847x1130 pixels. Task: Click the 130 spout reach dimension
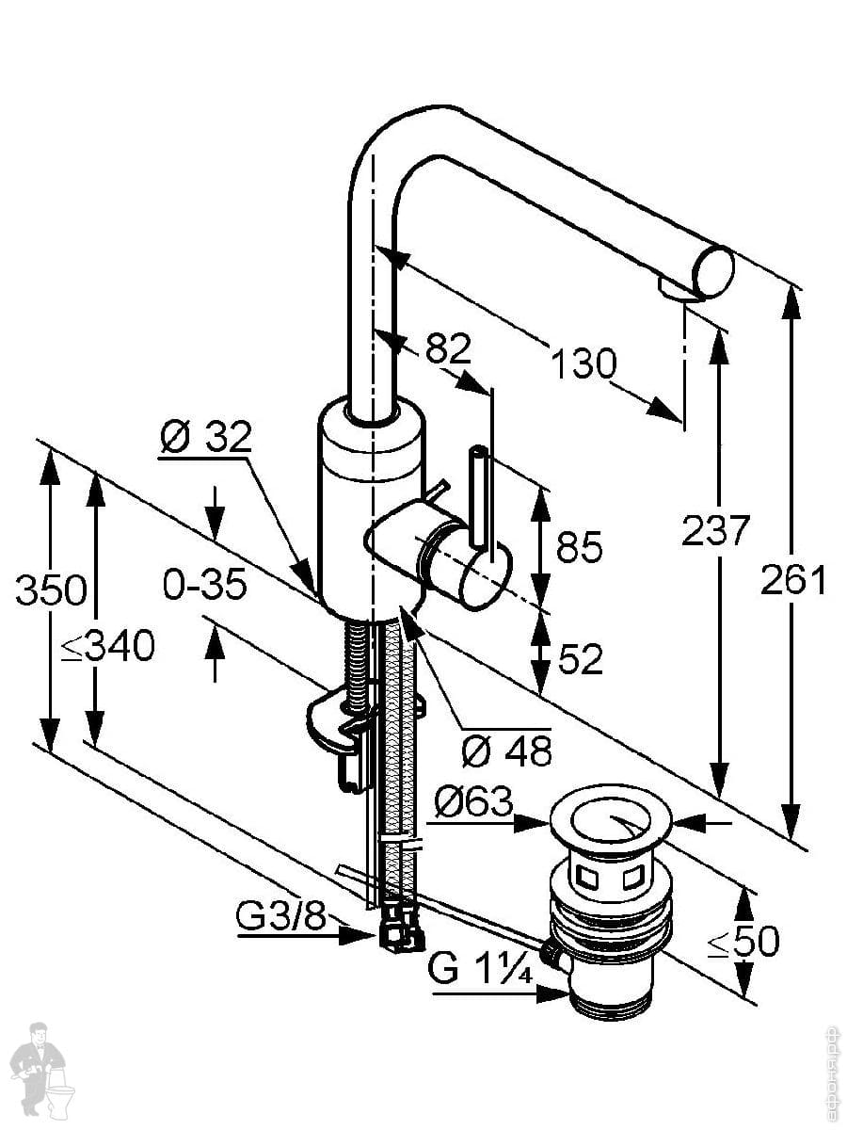tap(583, 363)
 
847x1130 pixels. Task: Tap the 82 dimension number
tap(447, 349)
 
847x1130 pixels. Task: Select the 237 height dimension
tap(715, 530)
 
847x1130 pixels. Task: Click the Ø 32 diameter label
tap(206, 437)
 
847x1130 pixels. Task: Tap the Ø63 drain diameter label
tap(474, 803)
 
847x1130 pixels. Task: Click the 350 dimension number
tap(51, 591)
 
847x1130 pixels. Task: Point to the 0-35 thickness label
tap(204, 586)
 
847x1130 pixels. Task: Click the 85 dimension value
tap(579, 547)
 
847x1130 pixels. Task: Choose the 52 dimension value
tap(580, 660)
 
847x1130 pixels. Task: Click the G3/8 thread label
tap(280, 916)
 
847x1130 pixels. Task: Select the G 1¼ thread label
tap(480, 967)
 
